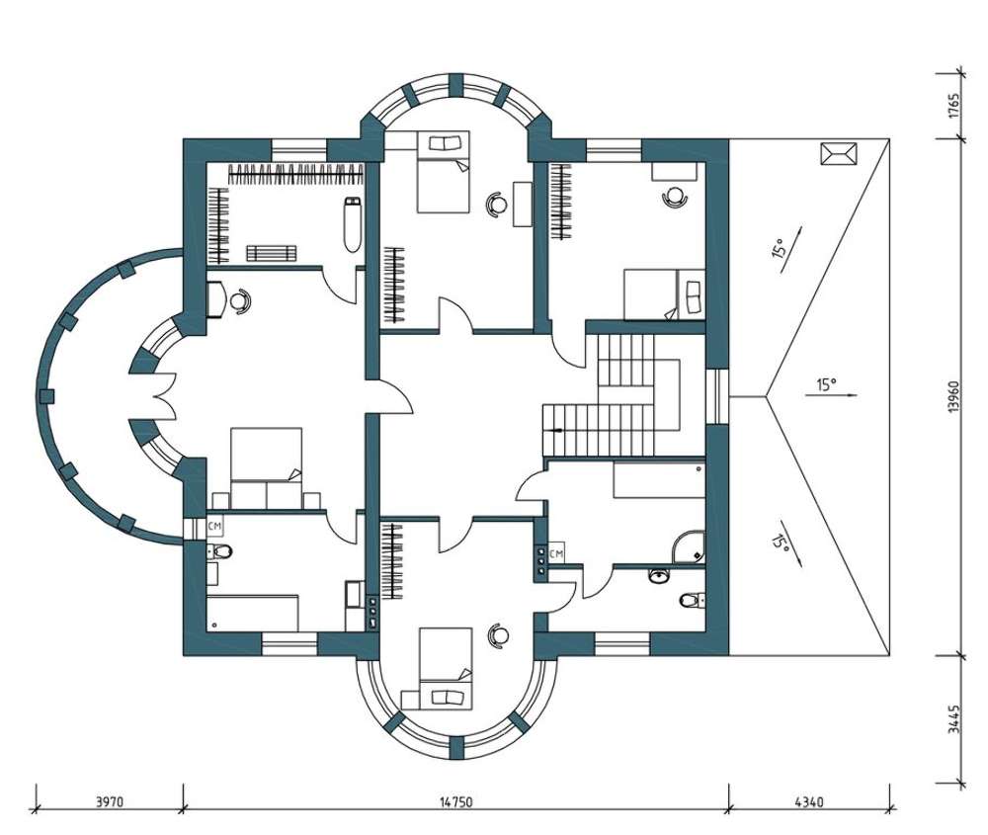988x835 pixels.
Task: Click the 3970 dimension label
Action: (x=110, y=802)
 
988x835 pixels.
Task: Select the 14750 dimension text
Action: (x=455, y=802)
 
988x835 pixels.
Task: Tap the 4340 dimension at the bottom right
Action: (x=809, y=802)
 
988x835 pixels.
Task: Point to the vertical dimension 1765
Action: (x=953, y=106)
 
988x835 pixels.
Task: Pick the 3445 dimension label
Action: (x=953, y=719)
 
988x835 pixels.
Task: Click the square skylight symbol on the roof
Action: (x=839, y=154)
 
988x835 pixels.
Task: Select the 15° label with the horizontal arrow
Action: (x=828, y=384)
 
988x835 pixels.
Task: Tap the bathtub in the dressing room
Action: (x=353, y=225)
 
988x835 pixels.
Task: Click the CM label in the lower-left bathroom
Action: (x=214, y=525)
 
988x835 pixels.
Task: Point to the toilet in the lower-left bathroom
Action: (x=219, y=551)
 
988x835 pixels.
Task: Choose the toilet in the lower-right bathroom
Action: (x=692, y=600)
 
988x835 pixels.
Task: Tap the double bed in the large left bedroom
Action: (x=266, y=467)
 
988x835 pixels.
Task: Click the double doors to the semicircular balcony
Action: (x=162, y=395)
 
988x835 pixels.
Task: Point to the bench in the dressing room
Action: (x=271, y=253)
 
